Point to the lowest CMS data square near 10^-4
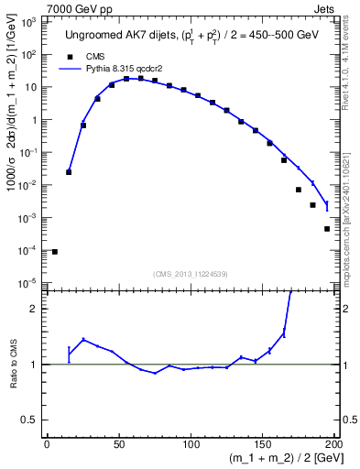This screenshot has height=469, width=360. [54, 251]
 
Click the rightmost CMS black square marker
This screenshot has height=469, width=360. [326, 229]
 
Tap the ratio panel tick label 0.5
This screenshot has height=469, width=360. [32, 420]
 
